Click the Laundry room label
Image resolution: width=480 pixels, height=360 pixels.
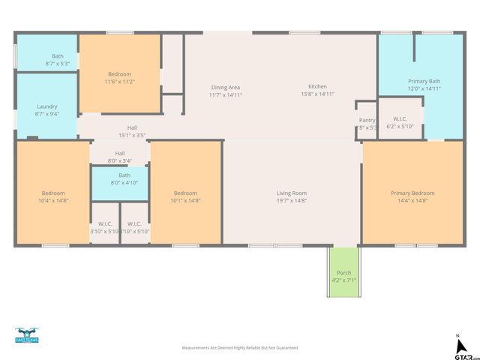[x=46, y=106]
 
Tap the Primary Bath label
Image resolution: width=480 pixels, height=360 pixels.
[x=424, y=81]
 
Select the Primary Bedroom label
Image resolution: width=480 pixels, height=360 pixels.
[x=412, y=193]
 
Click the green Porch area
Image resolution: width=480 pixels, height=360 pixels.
[x=343, y=273]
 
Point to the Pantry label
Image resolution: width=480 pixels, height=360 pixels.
[x=367, y=120]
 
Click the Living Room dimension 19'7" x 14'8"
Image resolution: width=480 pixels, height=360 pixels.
[x=292, y=200]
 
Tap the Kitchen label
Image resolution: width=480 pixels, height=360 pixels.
[x=318, y=87]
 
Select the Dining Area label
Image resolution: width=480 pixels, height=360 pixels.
[x=226, y=87]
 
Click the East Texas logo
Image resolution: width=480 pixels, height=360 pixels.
[x=26, y=335]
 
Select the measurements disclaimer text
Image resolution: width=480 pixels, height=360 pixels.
[x=240, y=348]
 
